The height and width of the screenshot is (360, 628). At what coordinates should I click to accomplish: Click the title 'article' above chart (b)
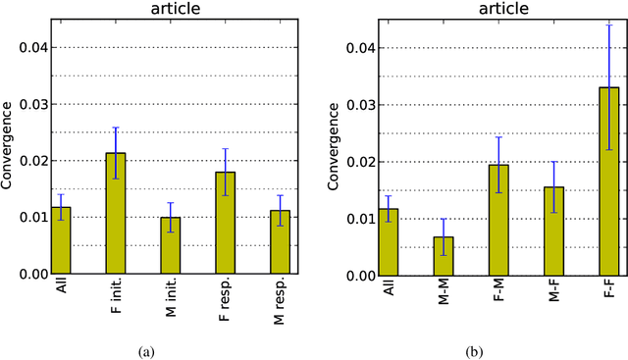pyautogui.click(x=498, y=9)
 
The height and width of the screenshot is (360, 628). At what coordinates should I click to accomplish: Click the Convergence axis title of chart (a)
pyautogui.click(x=7, y=148)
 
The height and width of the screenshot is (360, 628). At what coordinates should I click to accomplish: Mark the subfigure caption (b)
pyautogui.click(x=498, y=349)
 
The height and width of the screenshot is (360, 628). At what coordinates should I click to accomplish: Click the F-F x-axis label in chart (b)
pyautogui.click(x=609, y=291)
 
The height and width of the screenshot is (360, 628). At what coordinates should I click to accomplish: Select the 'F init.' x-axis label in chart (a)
pyautogui.click(x=115, y=300)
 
